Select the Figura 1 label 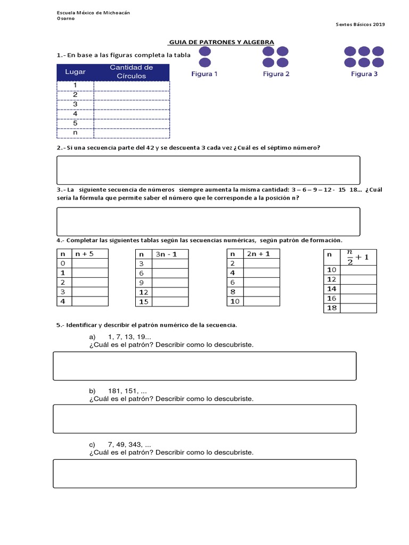coord(204,74)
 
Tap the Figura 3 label coord(364,74)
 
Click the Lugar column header coord(75,72)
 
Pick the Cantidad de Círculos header coord(131,72)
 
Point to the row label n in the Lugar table coord(75,132)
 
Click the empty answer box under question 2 coord(208,170)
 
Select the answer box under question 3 coord(208,221)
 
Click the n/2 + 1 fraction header coord(357,257)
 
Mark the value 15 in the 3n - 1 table coord(144,302)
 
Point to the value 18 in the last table coord(332,308)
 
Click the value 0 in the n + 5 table coord(63,263)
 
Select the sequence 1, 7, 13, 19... coord(129,337)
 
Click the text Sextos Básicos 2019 coord(361,24)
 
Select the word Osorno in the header coord(66,18)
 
